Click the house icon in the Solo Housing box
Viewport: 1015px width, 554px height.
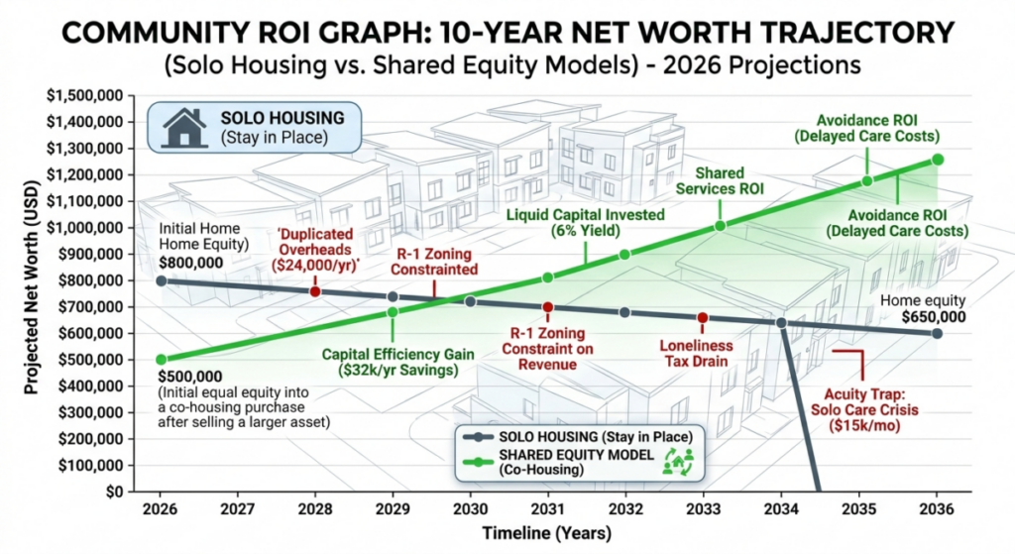pos(184,126)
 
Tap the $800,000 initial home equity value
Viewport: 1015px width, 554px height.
pos(189,266)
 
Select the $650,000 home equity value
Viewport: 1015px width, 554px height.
pos(937,317)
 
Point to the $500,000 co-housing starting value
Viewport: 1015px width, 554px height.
pos(188,378)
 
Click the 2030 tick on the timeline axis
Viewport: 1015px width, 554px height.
pos(470,509)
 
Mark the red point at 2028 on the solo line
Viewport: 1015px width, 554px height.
pos(315,291)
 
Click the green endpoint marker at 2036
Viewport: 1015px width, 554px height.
pos(938,160)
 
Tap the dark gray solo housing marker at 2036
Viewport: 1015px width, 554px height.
pos(938,333)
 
